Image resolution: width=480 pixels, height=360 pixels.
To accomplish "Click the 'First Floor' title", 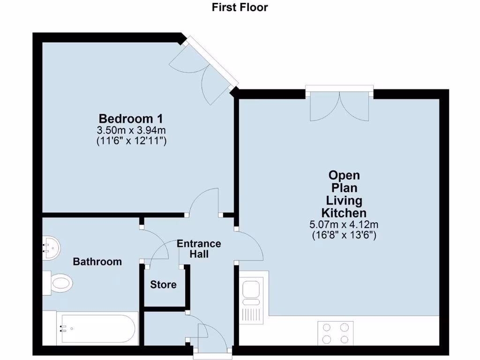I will click(240, 7).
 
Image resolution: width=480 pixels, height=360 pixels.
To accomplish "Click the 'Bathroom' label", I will click(97, 262).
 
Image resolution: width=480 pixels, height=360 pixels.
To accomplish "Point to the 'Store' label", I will click(164, 285).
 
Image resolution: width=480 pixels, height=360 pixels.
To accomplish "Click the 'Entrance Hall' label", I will click(199, 249).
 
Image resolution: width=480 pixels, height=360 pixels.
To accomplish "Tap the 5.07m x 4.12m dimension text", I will click(344, 225).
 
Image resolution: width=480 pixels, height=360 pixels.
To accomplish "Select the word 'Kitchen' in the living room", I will click(344, 213).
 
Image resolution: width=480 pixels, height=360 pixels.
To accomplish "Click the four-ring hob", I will click(336, 333).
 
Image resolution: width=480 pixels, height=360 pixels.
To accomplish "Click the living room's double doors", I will click(340, 106).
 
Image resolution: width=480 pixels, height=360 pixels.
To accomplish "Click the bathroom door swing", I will click(155, 246).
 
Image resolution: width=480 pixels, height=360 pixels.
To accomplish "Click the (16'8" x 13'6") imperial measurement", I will click(344, 235).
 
